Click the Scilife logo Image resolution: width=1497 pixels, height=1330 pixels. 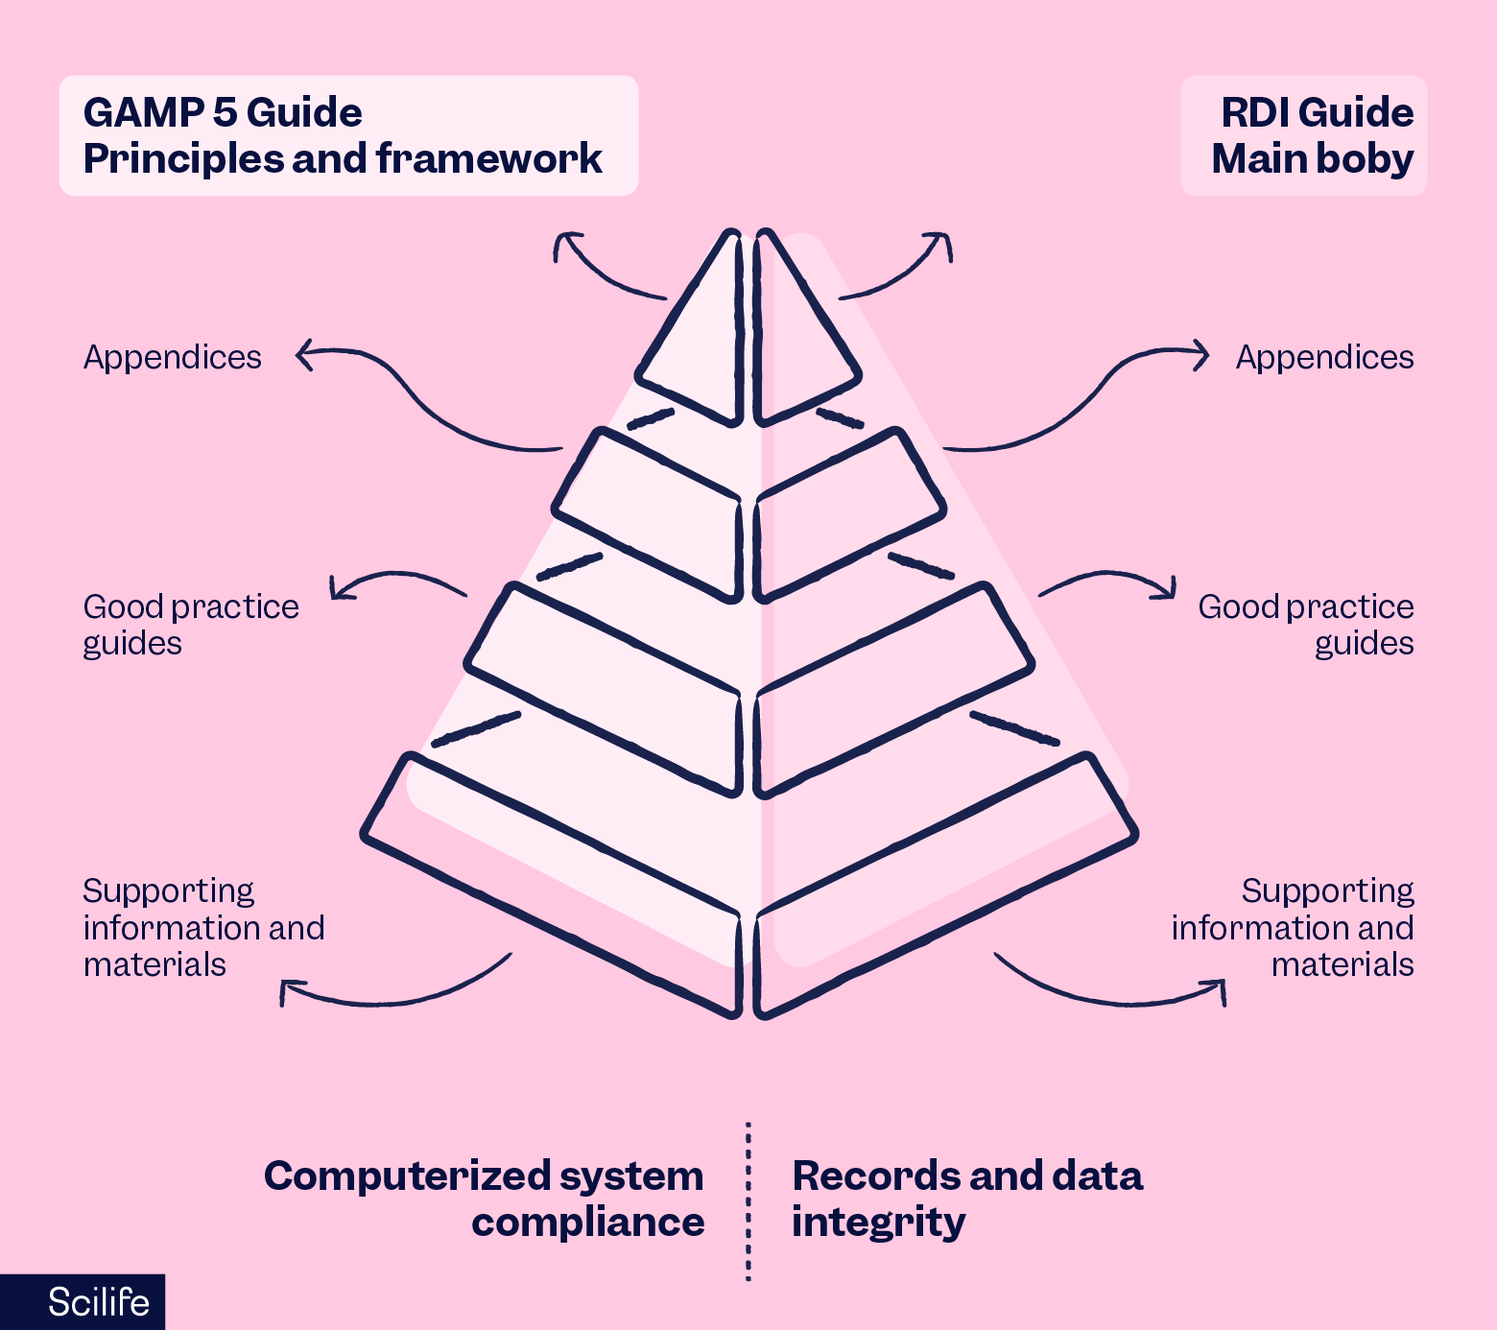click(98, 1302)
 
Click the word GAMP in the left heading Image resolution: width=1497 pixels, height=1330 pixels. click(142, 113)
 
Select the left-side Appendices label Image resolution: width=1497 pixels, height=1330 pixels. click(172, 357)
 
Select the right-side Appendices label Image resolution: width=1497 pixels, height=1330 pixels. click(1324, 357)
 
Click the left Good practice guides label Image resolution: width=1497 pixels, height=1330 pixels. click(190, 625)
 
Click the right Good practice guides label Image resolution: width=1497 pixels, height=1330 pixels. click(1306, 625)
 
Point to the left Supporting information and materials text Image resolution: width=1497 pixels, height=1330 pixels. click(202, 927)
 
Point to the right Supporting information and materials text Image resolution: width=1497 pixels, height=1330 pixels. click(1293, 927)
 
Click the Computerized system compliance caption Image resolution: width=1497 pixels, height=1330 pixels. click(485, 1199)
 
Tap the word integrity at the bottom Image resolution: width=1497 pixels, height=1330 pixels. click(878, 1223)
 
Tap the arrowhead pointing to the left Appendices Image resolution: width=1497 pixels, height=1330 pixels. click(302, 354)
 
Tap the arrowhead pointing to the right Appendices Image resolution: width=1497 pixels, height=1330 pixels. click(1202, 354)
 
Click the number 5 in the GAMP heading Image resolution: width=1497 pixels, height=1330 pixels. click(225, 113)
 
